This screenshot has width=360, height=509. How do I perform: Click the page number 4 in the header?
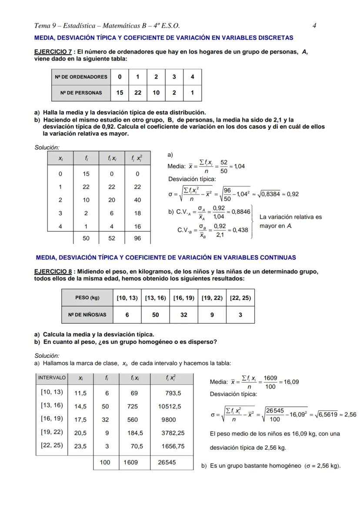click(314, 26)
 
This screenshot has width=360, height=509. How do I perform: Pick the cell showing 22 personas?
click(137, 93)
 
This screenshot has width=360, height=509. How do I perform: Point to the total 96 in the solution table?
click(137, 238)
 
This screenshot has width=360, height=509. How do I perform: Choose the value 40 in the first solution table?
click(137, 200)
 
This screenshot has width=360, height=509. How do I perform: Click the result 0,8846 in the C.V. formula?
click(241, 212)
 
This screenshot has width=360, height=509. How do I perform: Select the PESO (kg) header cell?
click(87, 298)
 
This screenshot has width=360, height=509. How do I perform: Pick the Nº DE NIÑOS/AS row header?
click(87, 315)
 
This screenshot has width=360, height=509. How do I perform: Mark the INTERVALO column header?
click(52, 378)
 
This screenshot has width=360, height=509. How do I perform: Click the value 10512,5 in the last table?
click(170, 407)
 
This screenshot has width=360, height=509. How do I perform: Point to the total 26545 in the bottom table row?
click(167, 462)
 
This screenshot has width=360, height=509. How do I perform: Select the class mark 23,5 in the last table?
click(80, 446)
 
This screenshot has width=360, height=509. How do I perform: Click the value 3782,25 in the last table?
click(173, 433)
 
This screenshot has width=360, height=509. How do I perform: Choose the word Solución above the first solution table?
click(47, 147)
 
